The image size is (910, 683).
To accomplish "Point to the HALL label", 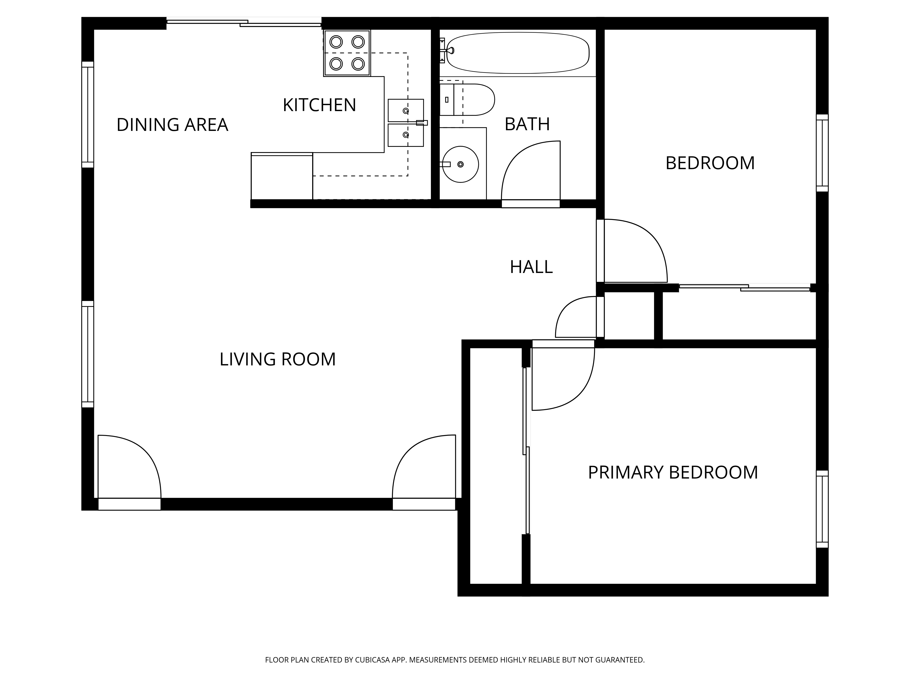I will [531, 267].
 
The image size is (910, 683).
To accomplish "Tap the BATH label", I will [527, 124].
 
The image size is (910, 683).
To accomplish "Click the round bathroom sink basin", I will [460, 164].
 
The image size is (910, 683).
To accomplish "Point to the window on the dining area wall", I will [88, 115].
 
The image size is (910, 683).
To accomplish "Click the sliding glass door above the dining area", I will [244, 23].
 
